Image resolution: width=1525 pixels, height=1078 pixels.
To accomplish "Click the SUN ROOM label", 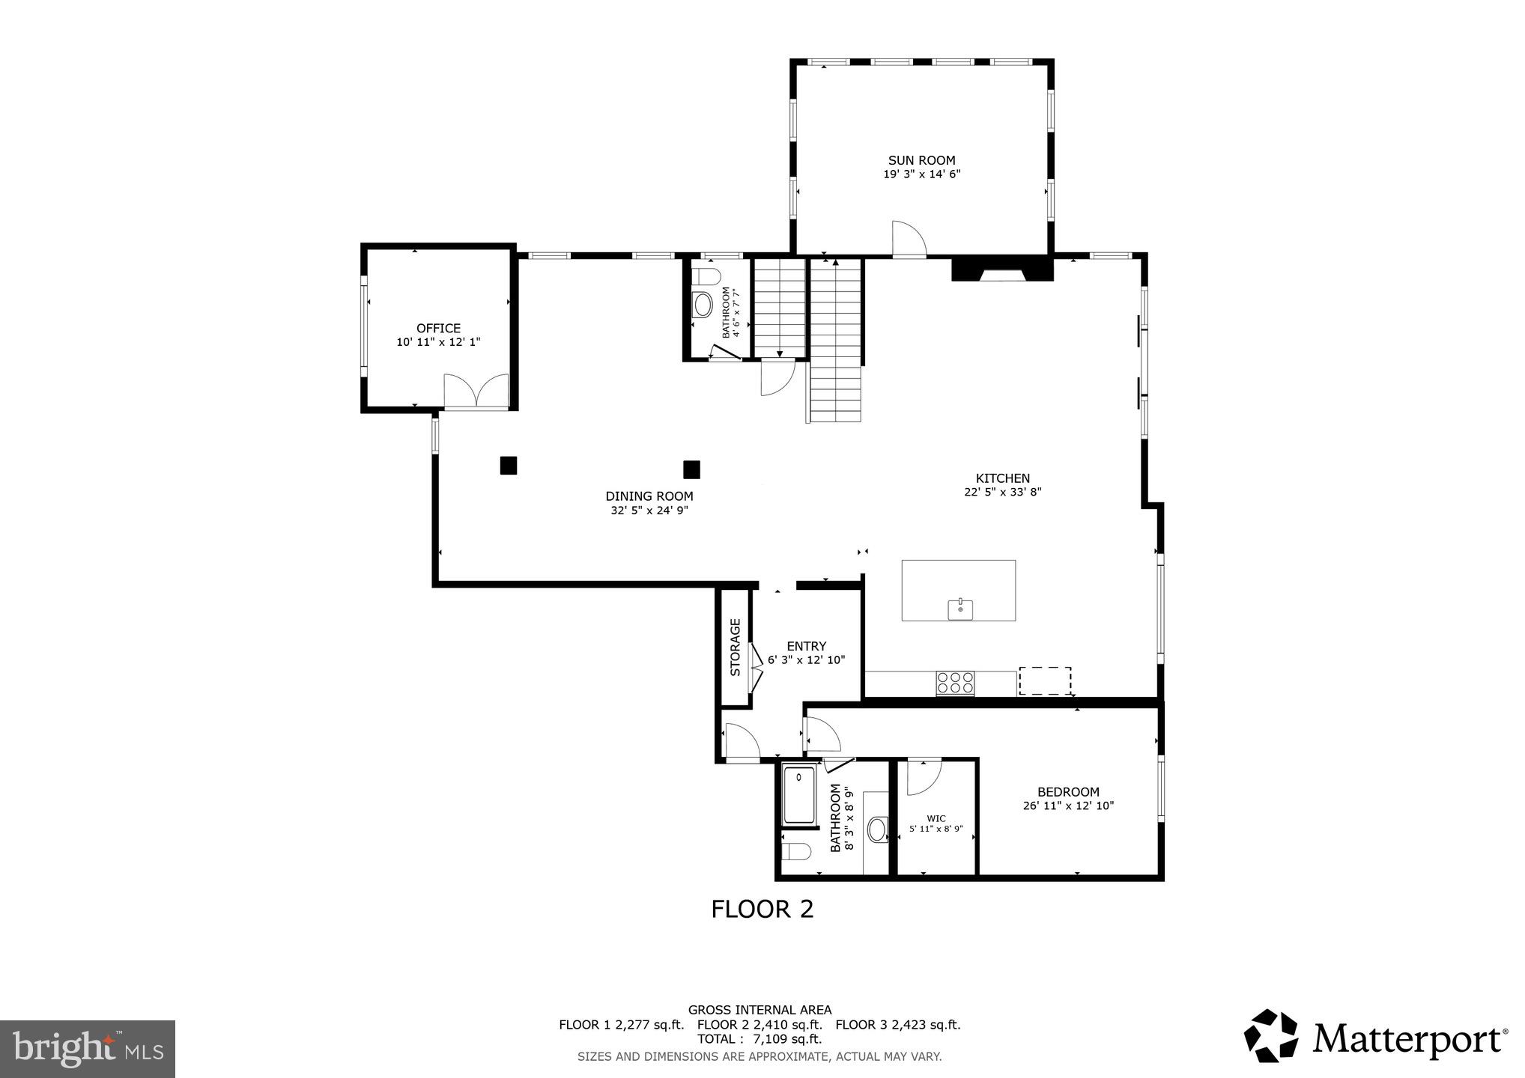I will tap(921, 160).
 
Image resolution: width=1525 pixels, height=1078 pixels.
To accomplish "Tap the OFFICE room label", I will tap(438, 328).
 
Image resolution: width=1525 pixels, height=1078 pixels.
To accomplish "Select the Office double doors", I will tap(476, 391).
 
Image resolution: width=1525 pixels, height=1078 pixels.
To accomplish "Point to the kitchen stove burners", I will tap(956, 683).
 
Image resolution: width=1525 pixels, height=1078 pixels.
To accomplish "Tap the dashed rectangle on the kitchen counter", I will tap(1044, 680).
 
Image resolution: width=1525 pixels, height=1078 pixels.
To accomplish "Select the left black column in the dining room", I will tap(509, 466).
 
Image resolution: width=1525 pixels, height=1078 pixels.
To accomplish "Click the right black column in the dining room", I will tap(691, 469).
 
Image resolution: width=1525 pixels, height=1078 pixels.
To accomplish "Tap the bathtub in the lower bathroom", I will tap(798, 796).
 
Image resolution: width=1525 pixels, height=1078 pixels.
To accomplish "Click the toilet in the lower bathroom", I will tap(795, 852).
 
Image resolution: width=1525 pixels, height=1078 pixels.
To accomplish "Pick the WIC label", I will tap(936, 818).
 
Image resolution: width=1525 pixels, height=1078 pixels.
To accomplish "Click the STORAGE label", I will tap(735, 647).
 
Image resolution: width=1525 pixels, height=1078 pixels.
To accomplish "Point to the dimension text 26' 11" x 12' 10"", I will tap(1068, 806).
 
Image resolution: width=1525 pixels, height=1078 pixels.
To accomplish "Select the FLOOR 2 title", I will tap(762, 909).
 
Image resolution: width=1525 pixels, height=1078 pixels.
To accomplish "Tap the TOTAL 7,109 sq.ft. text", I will tap(760, 1039).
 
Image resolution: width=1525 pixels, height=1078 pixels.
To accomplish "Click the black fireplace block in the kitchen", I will tap(1002, 268).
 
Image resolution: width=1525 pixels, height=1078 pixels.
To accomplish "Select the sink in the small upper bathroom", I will tap(703, 305).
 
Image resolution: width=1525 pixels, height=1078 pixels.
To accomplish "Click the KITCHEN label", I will tap(1002, 478).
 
